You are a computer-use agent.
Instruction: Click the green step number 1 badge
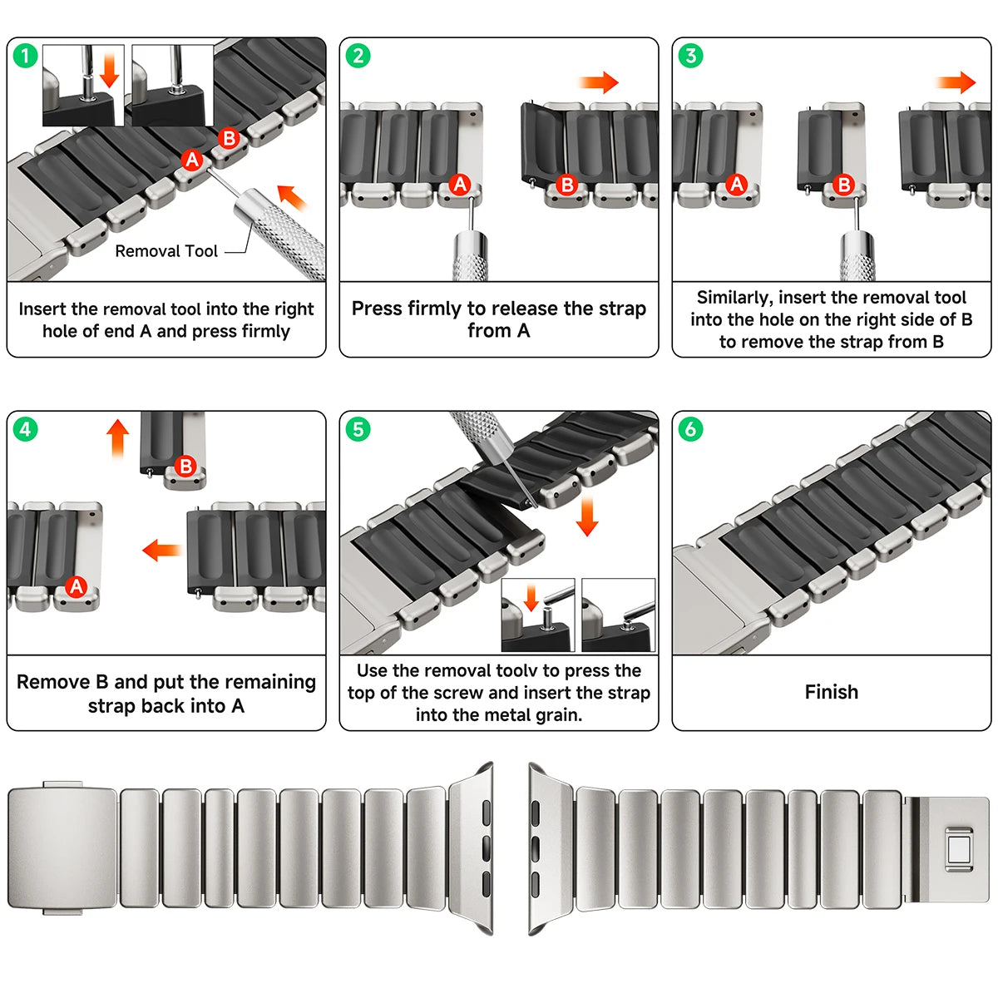click(26, 56)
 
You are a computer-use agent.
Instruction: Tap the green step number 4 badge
click(26, 429)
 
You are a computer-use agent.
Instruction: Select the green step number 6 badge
click(690, 429)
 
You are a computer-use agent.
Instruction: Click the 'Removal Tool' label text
click(166, 251)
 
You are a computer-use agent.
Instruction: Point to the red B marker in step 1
click(229, 139)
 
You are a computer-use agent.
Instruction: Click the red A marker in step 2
click(460, 185)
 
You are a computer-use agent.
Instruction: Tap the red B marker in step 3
click(843, 185)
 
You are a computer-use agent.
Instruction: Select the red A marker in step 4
click(77, 586)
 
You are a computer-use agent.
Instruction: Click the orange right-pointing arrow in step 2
click(599, 82)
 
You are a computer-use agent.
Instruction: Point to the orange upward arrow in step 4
click(118, 438)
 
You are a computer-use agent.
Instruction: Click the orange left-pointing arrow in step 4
click(162, 550)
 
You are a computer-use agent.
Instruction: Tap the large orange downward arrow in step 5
click(587, 516)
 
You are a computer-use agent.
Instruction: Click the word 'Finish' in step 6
click(831, 692)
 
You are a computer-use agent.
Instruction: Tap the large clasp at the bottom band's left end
click(62, 847)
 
